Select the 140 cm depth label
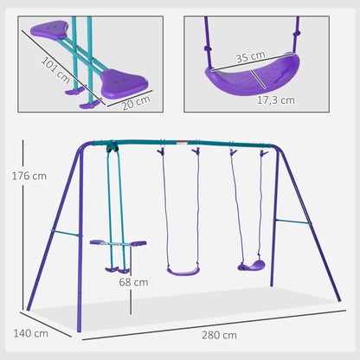pyautogui.click(x=30, y=333)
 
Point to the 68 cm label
pyautogui.click(x=133, y=282)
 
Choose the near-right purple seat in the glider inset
pyautogui.click(x=124, y=83)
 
